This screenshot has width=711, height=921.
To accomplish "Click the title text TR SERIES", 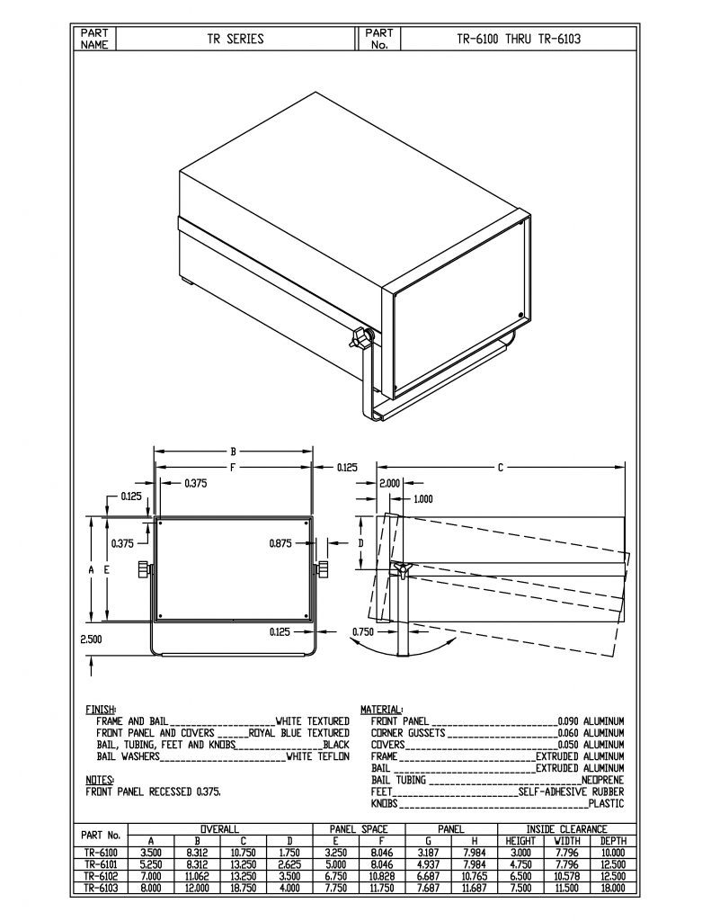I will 236,39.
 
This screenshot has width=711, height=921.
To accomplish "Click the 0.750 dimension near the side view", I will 364,630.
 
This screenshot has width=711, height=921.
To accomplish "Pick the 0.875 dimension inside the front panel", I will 284,543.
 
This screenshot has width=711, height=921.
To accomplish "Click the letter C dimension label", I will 500,467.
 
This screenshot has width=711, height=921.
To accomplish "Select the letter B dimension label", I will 233,452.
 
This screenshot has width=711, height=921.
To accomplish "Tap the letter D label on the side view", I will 360,543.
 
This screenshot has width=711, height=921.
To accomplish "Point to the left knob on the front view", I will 144,569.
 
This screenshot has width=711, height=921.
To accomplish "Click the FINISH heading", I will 100,709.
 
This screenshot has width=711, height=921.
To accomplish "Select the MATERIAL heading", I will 382,709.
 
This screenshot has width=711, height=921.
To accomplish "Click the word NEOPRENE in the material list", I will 602,780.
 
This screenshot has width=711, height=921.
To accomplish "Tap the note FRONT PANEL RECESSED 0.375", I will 153,792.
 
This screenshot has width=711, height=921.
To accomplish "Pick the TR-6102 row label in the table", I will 101,875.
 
